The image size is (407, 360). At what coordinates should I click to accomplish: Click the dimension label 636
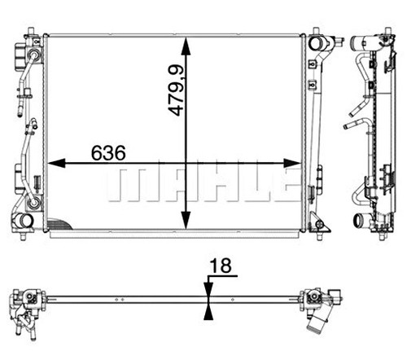(x=108, y=152)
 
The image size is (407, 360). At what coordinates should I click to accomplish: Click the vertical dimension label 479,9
(x=176, y=91)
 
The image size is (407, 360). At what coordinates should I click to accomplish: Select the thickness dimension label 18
(x=221, y=266)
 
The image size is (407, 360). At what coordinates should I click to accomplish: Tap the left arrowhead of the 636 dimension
(x=56, y=163)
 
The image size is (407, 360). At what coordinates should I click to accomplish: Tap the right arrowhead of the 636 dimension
(x=292, y=163)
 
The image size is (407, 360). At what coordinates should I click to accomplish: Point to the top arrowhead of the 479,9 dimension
(x=186, y=46)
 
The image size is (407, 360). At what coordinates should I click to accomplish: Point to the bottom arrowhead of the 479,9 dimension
(x=186, y=221)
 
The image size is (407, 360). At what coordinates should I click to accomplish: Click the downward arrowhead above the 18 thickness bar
(x=208, y=289)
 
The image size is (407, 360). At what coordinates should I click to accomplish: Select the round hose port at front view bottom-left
(x=23, y=221)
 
